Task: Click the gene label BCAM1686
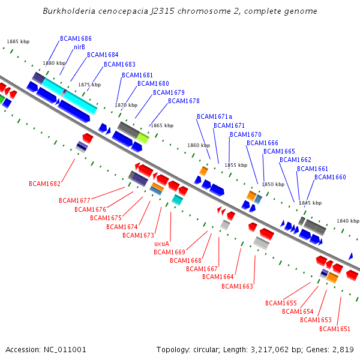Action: [x=76, y=38]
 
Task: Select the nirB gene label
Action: [x=79, y=47]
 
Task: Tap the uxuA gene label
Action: [x=162, y=244]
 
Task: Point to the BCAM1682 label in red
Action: [x=44, y=184]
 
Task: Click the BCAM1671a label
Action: [x=214, y=116]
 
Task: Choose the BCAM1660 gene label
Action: [x=330, y=177]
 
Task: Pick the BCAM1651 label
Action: [x=335, y=329]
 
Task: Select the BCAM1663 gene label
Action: [x=237, y=286]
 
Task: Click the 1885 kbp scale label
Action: [x=18, y=42]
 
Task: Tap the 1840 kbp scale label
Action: [x=347, y=221]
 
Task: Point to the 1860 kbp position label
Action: [x=199, y=145]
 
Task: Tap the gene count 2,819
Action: [x=343, y=349]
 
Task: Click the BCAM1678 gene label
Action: [x=184, y=101]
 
